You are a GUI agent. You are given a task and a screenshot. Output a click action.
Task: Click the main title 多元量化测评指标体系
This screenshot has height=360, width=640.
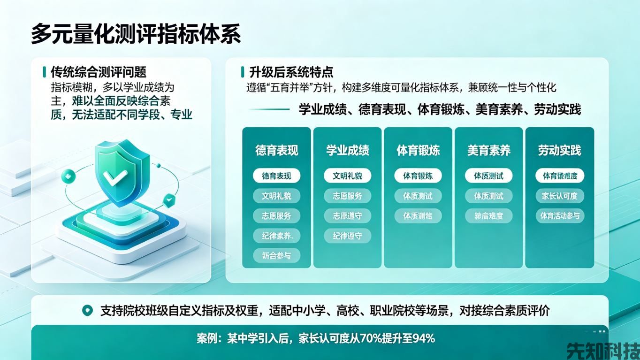click(x=136, y=34)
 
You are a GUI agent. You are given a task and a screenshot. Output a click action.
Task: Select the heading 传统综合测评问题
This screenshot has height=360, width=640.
click(x=99, y=72)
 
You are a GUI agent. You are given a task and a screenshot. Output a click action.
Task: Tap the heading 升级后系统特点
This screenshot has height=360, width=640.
click(x=291, y=72)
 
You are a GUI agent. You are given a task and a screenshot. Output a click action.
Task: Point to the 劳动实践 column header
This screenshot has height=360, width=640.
click(x=559, y=150)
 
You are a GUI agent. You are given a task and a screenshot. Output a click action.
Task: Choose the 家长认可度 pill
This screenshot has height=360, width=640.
click(x=559, y=196)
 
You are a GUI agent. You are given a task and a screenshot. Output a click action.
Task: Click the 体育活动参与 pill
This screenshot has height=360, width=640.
click(x=560, y=216)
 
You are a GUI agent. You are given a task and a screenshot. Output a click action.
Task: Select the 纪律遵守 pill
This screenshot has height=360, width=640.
click(x=347, y=236)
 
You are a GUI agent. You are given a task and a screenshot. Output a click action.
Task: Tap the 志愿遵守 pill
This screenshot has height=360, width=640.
click(x=347, y=216)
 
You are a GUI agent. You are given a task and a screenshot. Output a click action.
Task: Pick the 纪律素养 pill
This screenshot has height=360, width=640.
click(x=276, y=236)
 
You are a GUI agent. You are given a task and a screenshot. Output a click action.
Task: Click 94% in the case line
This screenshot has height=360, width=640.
click(x=423, y=338)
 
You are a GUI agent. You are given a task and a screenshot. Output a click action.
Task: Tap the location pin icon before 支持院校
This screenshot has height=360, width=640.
click(x=87, y=310)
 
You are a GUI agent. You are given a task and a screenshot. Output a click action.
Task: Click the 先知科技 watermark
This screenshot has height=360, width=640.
click(x=603, y=350)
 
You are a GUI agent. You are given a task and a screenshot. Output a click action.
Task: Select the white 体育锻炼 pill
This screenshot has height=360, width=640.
click(x=418, y=176)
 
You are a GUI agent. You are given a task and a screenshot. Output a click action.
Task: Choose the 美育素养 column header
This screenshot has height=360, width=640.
click(x=488, y=150)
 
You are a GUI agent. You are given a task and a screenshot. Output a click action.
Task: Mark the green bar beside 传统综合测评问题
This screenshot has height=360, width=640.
click(x=44, y=72)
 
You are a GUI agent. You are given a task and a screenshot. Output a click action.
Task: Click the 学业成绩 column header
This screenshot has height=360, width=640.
click(x=347, y=150)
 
